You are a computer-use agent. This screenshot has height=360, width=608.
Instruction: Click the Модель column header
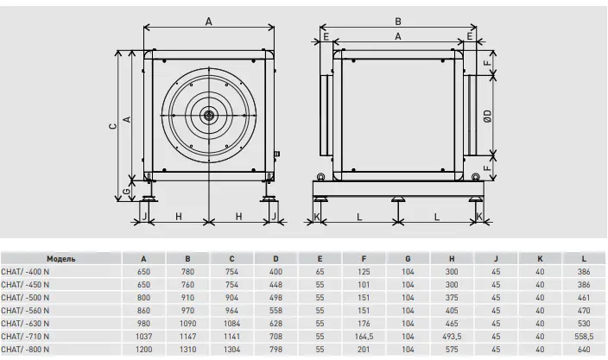pyautogui.click(x=61, y=258)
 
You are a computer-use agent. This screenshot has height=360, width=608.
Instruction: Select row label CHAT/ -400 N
pyautogui.click(x=28, y=271)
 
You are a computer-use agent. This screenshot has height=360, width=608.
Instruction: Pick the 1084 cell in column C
pyautogui.click(x=231, y=324)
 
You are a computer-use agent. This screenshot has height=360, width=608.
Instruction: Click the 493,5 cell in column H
pyautogui.click(x=453, y=338)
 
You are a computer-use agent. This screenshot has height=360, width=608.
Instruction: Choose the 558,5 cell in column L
pyautogui.click(x=584, y=338)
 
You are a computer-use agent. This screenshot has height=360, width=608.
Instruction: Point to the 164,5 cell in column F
pyautogui.click(x=364, y=338)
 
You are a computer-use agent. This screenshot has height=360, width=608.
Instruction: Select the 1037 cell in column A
pyautogui.click(x=143, y=338)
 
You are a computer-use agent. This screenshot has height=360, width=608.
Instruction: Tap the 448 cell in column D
pyautogui.click(x=275, y=284)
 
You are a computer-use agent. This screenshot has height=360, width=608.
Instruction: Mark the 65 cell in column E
pyautogui.click(x=320, y=271)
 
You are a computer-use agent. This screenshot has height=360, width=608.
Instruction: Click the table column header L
pyautogui.click(x=584, y=258)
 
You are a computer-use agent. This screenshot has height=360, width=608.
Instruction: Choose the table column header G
pyautogui.click(x=408, y=258)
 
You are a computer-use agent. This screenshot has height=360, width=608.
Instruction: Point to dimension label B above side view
pyautogui.click(x=397, y=21)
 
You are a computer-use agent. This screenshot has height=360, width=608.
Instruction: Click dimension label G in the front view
pyautogui.click(x=127, y=190)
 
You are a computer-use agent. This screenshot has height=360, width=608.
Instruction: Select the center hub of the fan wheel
pyautogui.click(x=208, y=114)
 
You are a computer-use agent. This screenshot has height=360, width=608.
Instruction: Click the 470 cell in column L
pyautogui.click(x=584, y=311)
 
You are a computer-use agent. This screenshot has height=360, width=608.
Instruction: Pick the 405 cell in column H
pyautogui.click(x=453, y=311)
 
